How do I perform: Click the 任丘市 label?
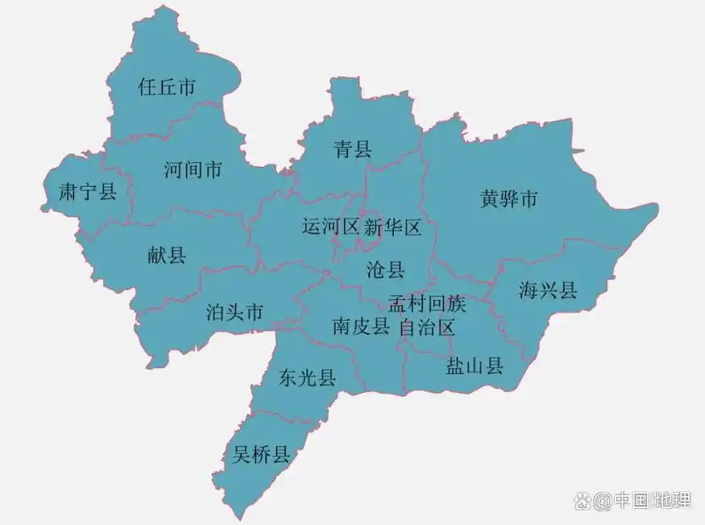[x=167, y=87]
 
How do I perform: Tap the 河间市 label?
[x=193, y=170]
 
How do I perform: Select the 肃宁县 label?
[x=89, y=191]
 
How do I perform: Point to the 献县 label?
[x=167, y=256]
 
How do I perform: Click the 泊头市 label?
[x=234, y=312]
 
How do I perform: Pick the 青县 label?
[x=353, y=148]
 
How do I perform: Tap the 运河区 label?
[x=330, y=227]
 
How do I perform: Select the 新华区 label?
[x=392, y=227]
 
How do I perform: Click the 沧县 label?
[x=385, y=269]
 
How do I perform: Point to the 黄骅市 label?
[x=508, y=198]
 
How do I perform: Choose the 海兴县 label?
[x=548, y=290]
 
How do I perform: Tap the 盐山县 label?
[x=475, y=367]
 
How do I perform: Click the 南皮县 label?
[x=361, y=327]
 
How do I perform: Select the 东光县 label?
[x=307, y=377]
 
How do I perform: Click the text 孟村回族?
[x=427, y=304]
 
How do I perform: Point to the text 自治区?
[x=427, y=327]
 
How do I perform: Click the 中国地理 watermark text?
[x=651, y=500]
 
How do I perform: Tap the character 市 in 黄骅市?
[x=528, y=198]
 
